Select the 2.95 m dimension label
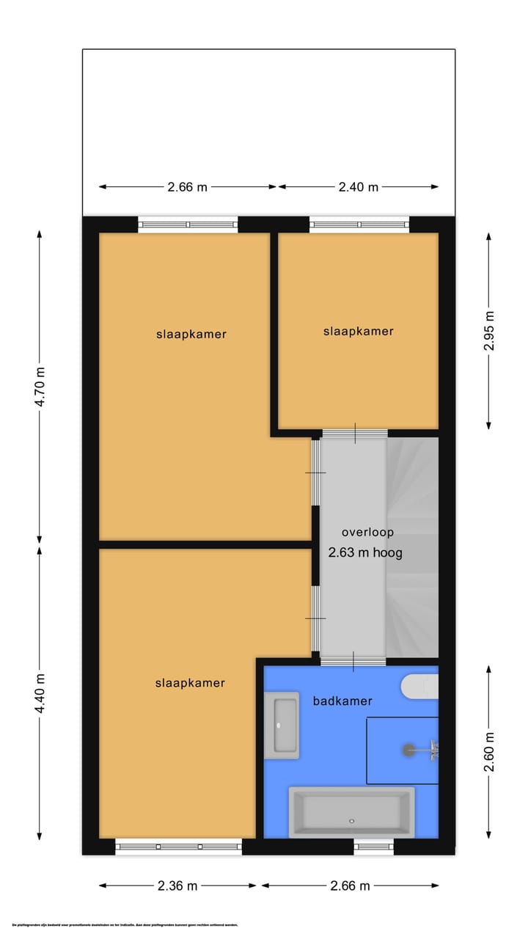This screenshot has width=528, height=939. (489, 331)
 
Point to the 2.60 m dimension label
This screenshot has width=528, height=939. (489, 752)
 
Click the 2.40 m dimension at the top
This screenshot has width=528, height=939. (359, 187)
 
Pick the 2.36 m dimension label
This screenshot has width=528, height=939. (177, 885)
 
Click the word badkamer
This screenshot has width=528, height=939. (342, 701)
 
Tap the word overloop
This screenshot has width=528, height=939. (367, 533)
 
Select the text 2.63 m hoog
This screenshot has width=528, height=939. (365, 553)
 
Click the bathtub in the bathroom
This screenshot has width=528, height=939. (352, 812)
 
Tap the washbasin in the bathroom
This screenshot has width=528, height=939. (282, 725)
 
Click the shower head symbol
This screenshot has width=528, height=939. (409, 750)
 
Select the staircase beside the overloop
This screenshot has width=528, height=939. (412, 547)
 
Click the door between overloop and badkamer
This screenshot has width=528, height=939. (353, 661)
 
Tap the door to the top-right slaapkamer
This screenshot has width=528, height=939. (355, 434)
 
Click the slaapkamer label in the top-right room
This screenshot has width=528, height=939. (359, 332)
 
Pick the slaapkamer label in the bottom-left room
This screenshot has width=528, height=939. (190, 683)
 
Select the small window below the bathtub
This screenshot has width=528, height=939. (373, 847)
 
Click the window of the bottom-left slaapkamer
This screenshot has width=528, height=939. (179, 847)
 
